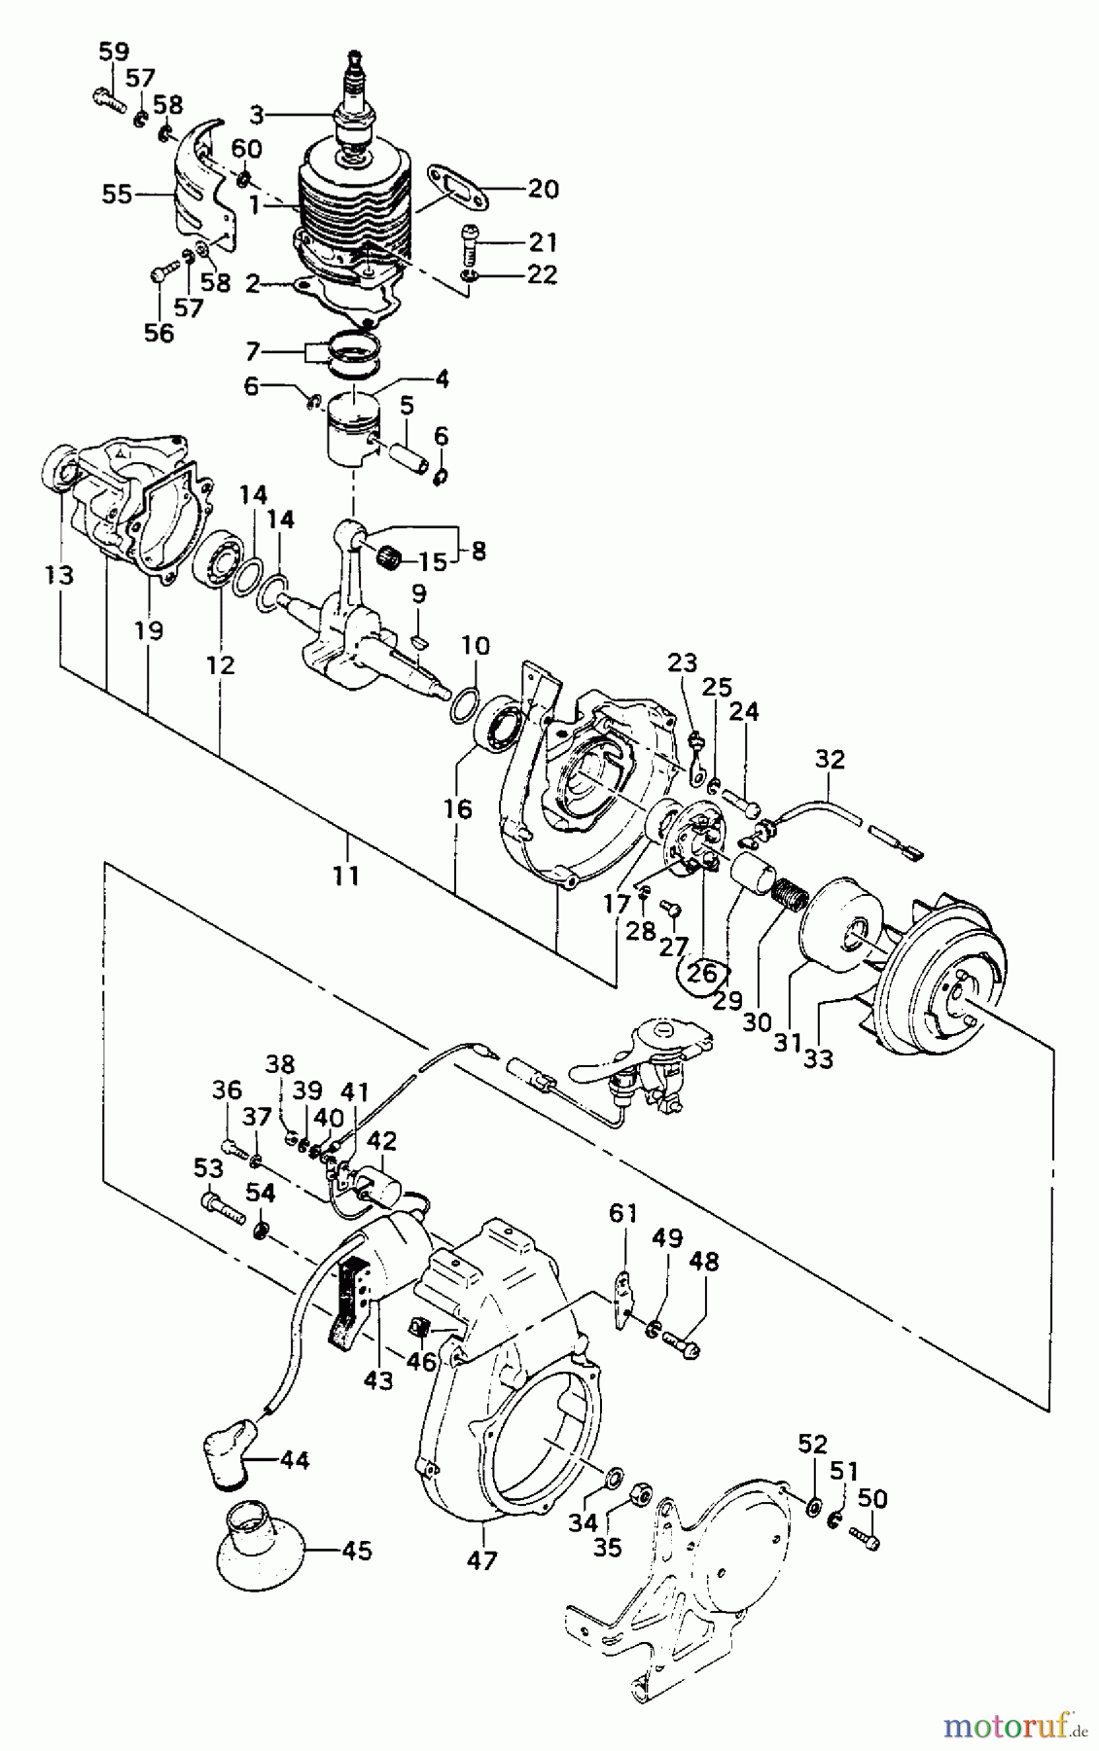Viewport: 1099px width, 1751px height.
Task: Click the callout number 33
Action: coord(818,1057)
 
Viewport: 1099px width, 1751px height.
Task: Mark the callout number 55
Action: coord(118,195)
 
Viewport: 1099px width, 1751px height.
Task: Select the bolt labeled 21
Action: coord(468,245)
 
